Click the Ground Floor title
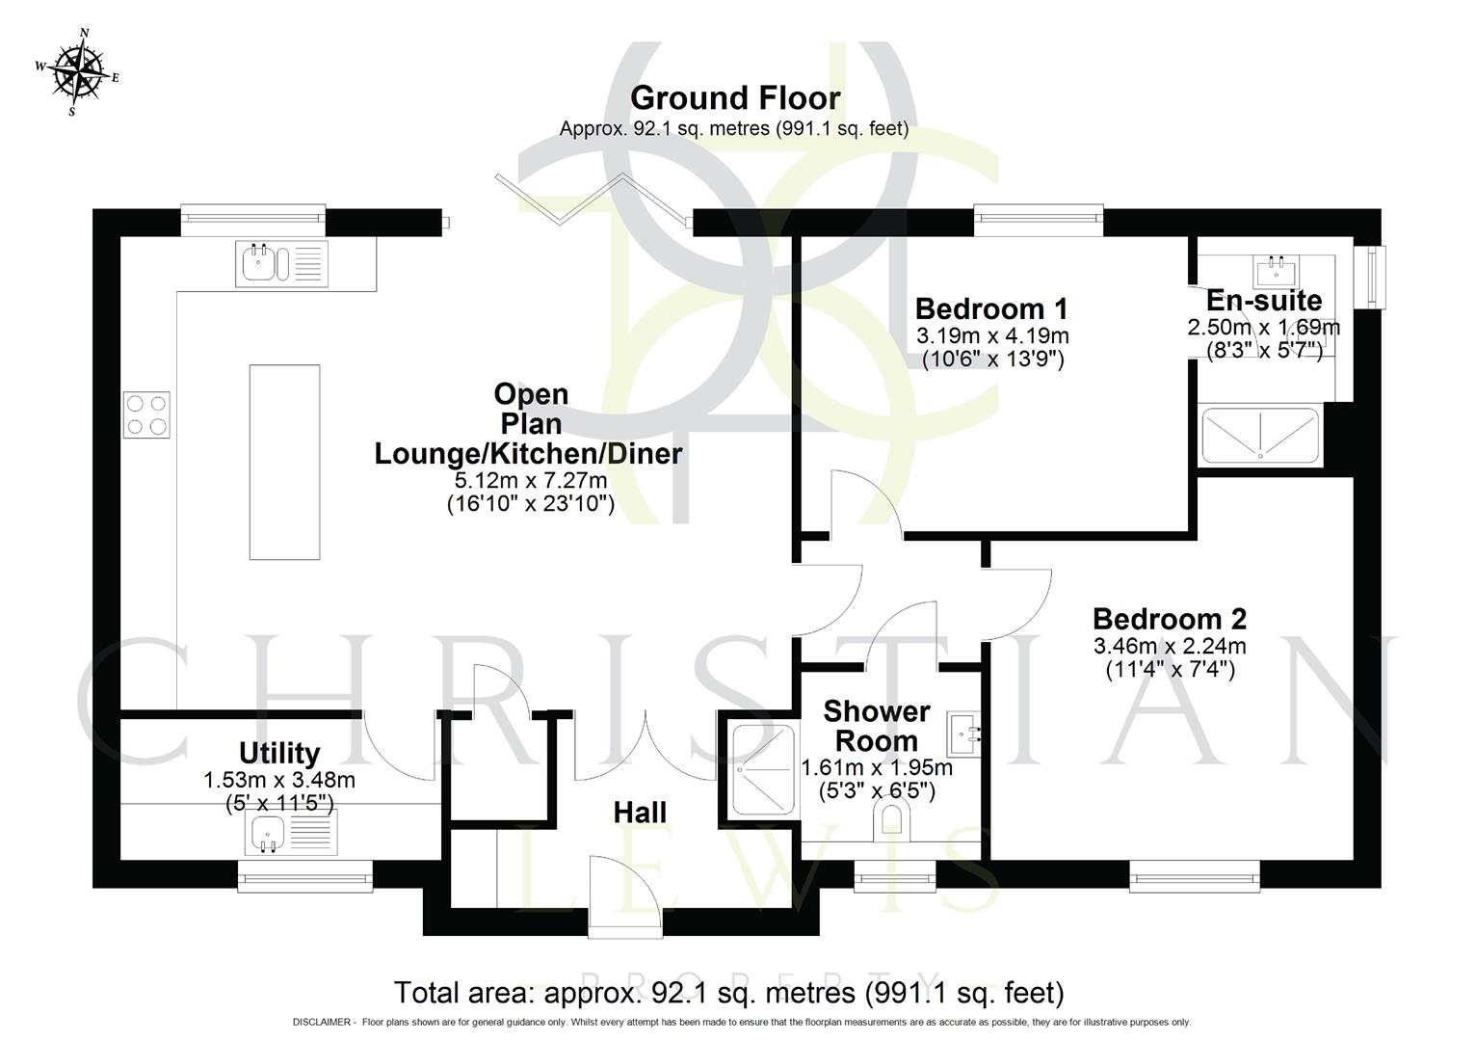735,98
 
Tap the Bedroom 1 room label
991,309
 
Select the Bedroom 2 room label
1170,618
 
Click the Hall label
640,813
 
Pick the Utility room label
279,753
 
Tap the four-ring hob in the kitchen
146,414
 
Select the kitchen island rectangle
284,462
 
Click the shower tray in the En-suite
1260,435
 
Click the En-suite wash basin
1277,266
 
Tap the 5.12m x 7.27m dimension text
530,480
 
